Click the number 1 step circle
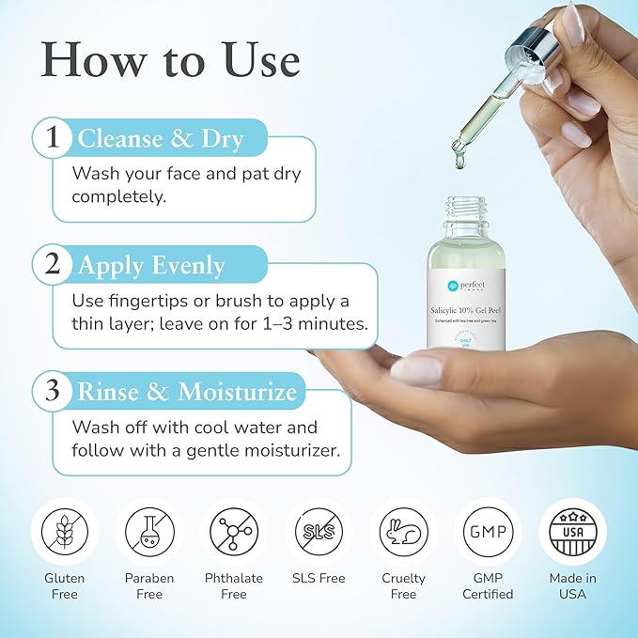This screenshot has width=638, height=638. click(x=54, y=138)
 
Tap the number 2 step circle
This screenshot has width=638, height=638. click(x=54, y=265)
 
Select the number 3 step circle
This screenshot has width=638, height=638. click(x=54, y=390)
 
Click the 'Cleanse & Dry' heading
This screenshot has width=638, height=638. click(x=161, y=139)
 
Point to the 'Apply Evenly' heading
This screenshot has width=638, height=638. click(x=151, y=266)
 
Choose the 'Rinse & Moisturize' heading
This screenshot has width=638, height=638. click(x=187, y=391)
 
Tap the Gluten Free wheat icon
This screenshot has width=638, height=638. click(x=64, y=531)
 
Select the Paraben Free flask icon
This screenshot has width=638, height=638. click(x=149, y=531)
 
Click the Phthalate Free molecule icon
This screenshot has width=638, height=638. click(x=233, y=531)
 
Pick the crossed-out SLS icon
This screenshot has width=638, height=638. click(x=319, y=531)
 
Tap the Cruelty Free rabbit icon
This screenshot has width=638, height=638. click(x=403, y=531)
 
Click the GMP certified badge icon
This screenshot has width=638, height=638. click(x=488, y=531)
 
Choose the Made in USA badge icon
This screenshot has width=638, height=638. click(x=572, y=531)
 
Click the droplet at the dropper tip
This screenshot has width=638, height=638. click(x=460, y=163)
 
